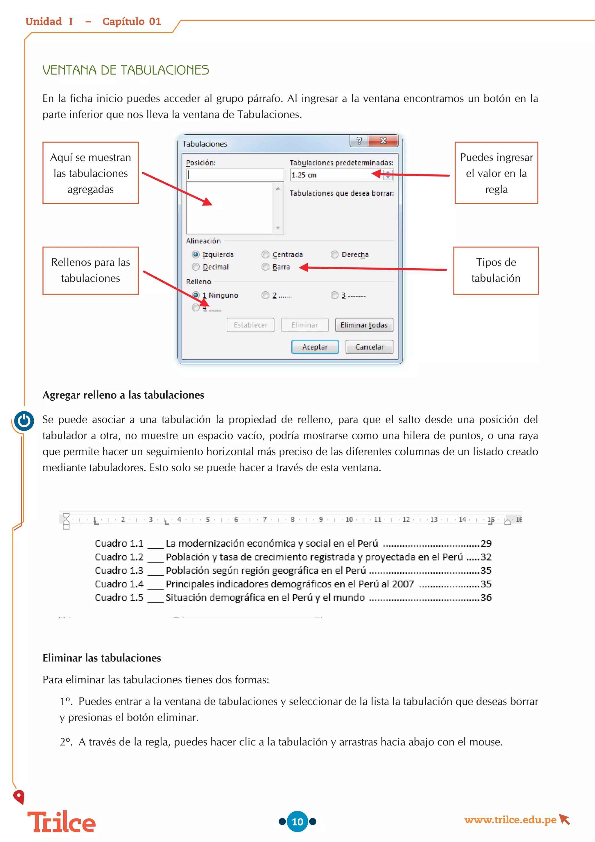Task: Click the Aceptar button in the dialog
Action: pyautogui.click(x=315, y=347)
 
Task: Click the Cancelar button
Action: pyautogui.click(x=369, y=347)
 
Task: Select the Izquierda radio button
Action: pyautogui.click(x=196, y=254)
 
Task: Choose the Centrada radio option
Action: pyautogui.click(x=265, y=254)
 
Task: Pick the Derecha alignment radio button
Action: pyautogui.click(x=334, y=254)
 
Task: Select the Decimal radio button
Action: pyautogui.click(x=196, y=267)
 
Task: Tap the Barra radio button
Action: pyautogui.click(x=265, y=267)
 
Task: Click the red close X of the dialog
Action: pyautogui.click(x=383, y=140)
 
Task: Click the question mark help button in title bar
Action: pyautogui.click(x=359, y=140)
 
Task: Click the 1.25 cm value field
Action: pyautogui.click(x=335, y=175)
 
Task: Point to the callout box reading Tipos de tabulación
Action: pyautogui.click(x=496, y=270)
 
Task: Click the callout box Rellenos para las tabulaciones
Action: pyautogui.click(x=90, y=270)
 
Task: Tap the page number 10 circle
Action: pyautogui.click(x=297, y=821)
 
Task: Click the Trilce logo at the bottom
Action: pyautogui.click(x=62, y=822)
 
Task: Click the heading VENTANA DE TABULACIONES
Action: pyautogui.click(x=126, y=70)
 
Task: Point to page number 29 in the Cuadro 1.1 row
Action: pyautogui.click(x=486, y=543)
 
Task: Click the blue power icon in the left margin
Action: pyautogui.click(x=24, y=421)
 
